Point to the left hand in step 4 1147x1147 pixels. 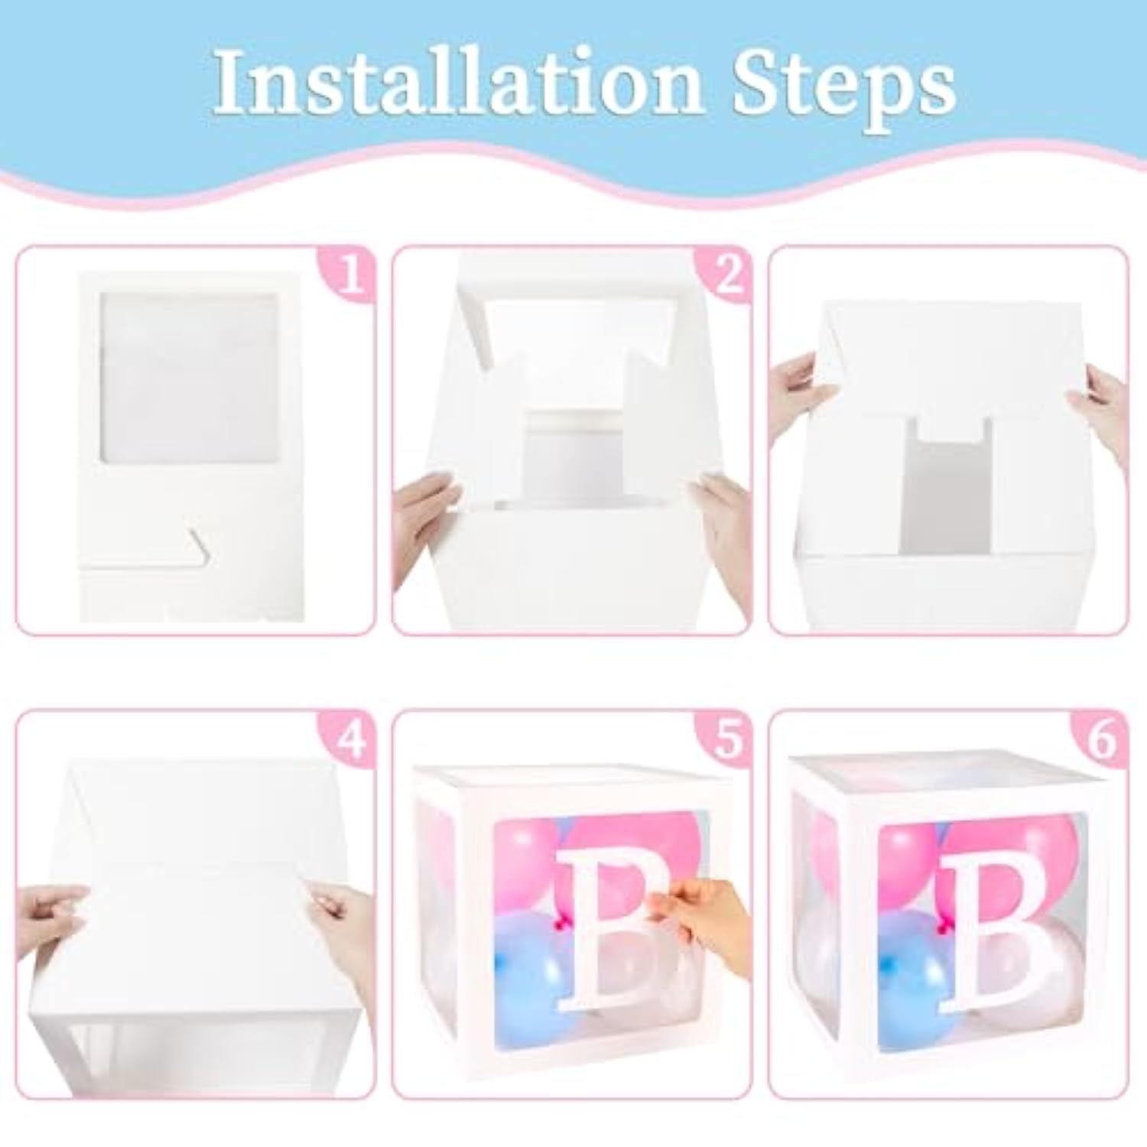coord(50,910)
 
